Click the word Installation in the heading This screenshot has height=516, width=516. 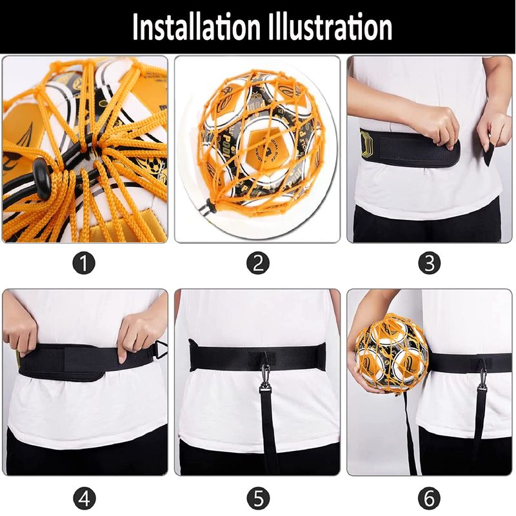(x=197, y=26)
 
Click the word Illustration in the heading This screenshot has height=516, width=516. (x=330, y=26)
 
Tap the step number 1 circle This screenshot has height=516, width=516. (x=84, y=263)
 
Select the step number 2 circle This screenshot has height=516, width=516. (x=258, y=263)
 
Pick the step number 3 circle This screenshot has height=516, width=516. (x=430, y=263)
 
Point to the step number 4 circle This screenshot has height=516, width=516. (x=84, y=498)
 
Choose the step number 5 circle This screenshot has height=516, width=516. (x=259, y=498)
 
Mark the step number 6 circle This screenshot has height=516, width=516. (x=430, y=498)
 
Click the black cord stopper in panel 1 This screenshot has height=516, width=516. (x=42, y=178)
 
